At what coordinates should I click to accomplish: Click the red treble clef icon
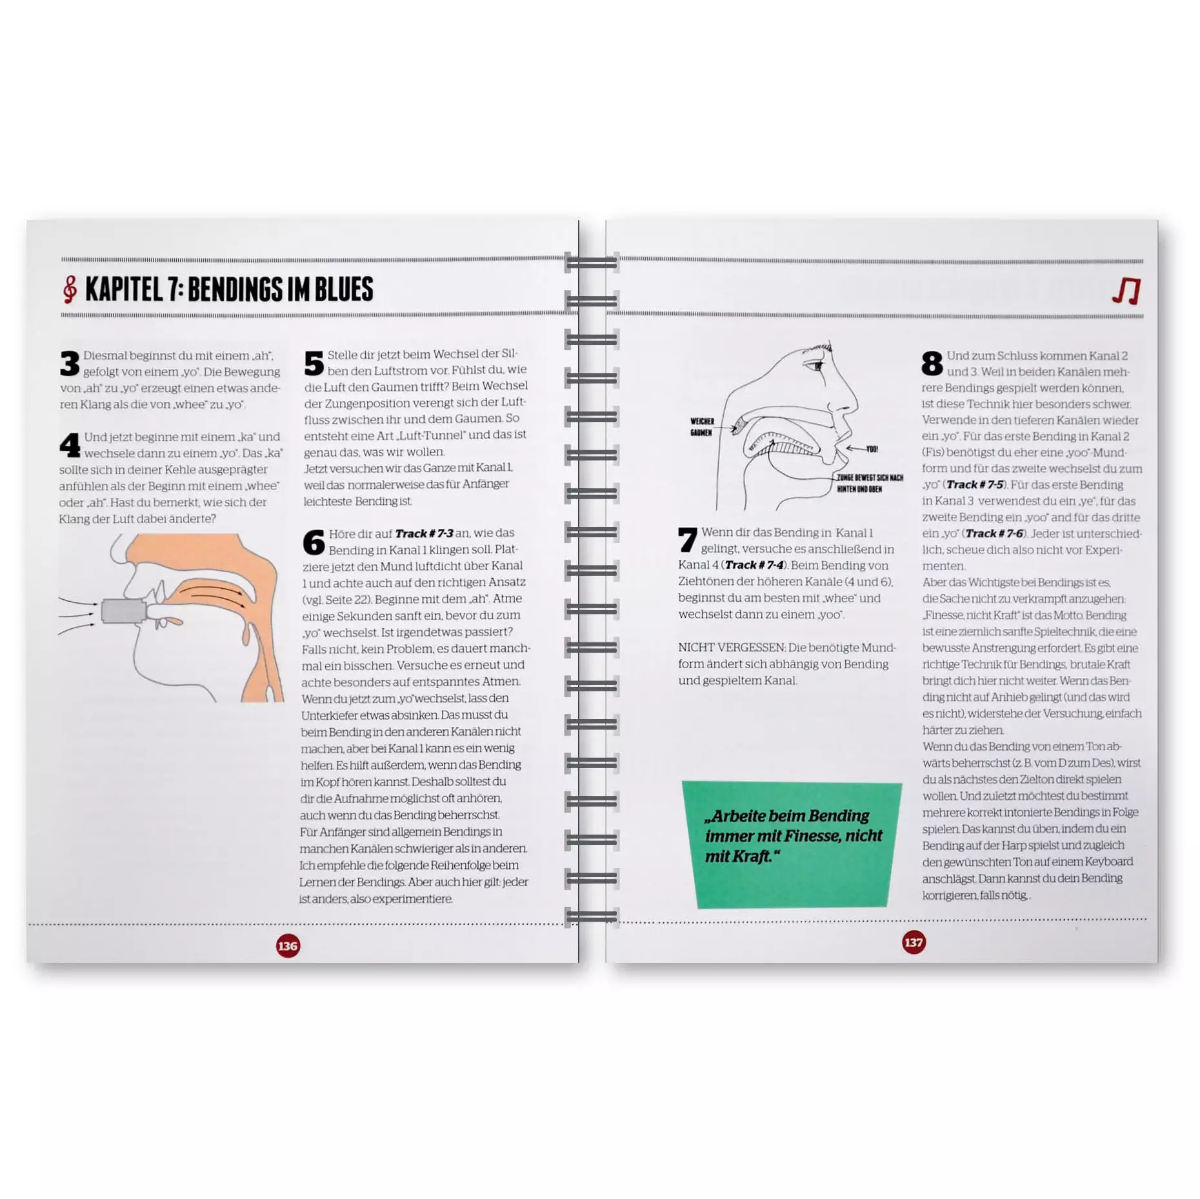[70, 290]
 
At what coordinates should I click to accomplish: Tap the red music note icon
[1126, 291]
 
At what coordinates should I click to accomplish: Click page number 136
[288, 946]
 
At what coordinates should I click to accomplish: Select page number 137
[914, 942]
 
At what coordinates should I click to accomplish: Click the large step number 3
[70, 363]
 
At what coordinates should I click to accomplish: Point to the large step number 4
[70, 445]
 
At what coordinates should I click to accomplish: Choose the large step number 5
[314, 363]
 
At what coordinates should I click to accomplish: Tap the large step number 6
[314, 542]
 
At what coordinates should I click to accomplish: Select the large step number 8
[932, 363]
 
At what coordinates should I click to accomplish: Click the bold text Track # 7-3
[424, 533]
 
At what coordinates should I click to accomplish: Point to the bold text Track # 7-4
[754, 565]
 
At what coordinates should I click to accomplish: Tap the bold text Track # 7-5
[975, 484]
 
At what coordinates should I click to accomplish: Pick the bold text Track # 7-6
[994, 533]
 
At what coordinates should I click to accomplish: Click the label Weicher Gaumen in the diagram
[702, 427]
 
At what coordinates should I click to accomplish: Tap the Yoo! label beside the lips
[872, 449]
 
